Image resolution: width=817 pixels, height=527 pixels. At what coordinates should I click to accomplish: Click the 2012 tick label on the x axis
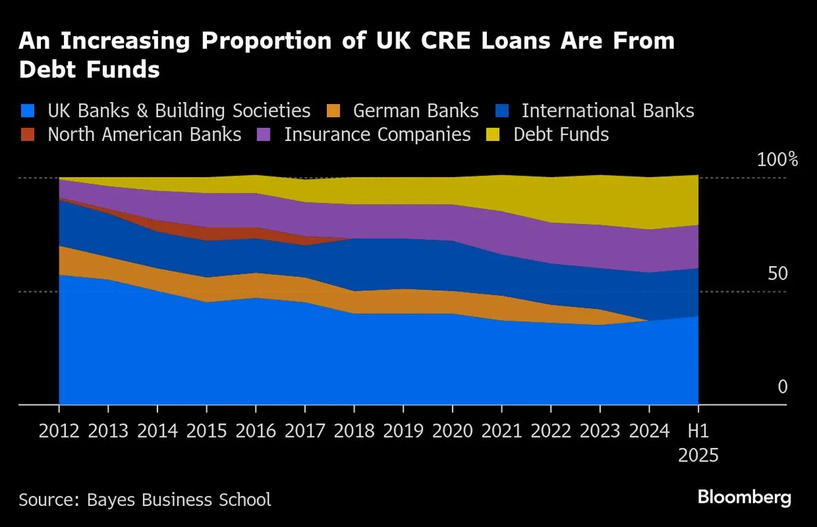tap(59, 430)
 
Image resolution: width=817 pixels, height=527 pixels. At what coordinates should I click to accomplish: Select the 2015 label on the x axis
tap(207, 430)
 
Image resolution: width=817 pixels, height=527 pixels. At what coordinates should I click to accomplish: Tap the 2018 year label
tap(354, 430)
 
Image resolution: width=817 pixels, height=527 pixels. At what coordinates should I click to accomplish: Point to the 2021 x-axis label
tap(502, 430)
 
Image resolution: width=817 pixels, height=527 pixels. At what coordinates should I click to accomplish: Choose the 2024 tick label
tap(650, 430)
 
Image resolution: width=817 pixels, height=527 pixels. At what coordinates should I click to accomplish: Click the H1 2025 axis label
tap(699, 443)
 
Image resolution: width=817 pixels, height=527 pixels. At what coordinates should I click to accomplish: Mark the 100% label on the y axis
tap(778, 161)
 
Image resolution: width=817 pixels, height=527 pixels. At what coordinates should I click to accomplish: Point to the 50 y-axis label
tap(778, 274)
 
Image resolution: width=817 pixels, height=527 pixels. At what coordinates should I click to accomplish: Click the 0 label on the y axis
tap(782, 387)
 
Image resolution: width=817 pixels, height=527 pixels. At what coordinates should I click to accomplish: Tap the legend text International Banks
tap(607, 111)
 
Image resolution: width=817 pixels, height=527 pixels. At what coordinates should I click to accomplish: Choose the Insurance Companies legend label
tap(377, 135)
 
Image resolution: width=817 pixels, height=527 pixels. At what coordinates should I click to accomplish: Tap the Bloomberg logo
tap(745, 498)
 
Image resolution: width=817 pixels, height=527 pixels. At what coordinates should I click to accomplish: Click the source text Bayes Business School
tap(179, 500)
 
